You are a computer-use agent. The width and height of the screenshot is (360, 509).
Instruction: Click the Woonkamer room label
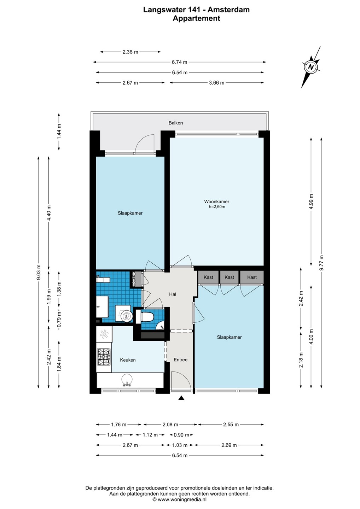pyautogui.click(x=216, y=201)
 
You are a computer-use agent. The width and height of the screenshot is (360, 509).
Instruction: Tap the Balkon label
pyautogui.click(x=175, y=123)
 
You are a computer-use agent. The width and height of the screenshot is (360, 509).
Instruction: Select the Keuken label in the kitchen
pyautogui.click(x=128, y=360)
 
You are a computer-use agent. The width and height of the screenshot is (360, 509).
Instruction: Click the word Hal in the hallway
pyautogui.click(x=173, y=294)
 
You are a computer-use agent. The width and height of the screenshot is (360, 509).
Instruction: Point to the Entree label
pyautogui.click(x=180, y=360)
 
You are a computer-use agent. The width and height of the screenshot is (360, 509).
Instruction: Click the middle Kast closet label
pyautogui.click(x=229, y=277)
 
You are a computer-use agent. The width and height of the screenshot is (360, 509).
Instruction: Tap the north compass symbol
pyautogui.click(x=311, y=67)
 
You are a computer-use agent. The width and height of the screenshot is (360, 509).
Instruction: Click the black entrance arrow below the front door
pyautogui.click(x=181, y=398)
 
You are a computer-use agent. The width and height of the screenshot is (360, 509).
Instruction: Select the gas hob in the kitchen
pyautogui.click(x=104, y=357)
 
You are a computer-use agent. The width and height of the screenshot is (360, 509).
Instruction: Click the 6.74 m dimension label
pyautogui.click(x=180, y=62)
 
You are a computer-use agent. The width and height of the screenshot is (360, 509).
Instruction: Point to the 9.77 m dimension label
pyautogui.click(x=321, y=263)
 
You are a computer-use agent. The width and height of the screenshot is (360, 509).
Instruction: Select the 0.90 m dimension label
pyautogui.click(x=181, y=435)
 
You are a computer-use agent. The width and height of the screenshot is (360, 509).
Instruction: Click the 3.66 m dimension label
pyautogui.click(x=216, y=83)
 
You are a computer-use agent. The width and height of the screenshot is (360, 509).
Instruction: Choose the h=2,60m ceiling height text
pyautogui.click(x=217, y=207)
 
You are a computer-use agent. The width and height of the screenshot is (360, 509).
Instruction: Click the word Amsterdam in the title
pyautogui.click(x=229, y=10)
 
